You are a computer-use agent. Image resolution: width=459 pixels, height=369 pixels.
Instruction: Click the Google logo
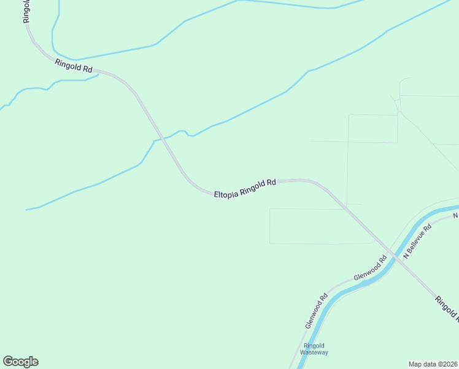(20, 362)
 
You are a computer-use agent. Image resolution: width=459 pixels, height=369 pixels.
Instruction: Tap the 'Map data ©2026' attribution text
(433, 364)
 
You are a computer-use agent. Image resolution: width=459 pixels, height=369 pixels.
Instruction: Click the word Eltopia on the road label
(226, 193)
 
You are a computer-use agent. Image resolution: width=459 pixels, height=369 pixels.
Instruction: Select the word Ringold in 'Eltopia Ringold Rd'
(252, 188)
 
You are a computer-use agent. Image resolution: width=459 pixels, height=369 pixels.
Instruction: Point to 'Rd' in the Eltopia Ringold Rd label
(272, 183)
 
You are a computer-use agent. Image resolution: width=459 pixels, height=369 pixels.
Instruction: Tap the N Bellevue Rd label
(418, 240)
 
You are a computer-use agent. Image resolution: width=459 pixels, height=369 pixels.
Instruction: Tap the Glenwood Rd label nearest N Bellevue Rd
(371, 269)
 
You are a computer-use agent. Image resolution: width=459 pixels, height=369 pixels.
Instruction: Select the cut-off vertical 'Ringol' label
(26, 11)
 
